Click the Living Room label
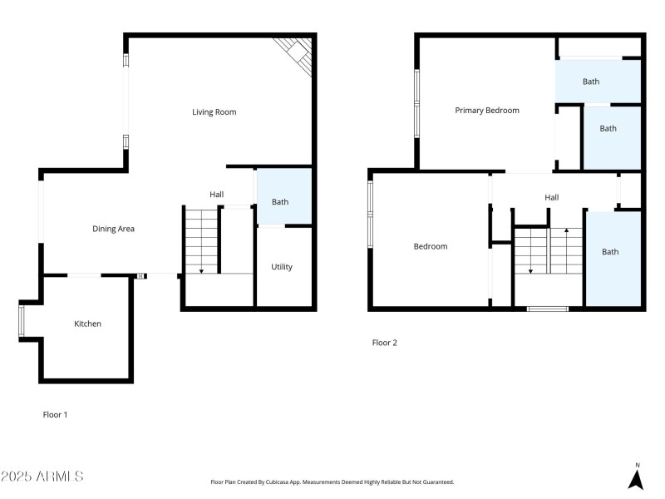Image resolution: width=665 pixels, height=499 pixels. pyautogui.click(x=214, y=111)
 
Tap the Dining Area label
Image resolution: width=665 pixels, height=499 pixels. pyautogui.click(x=113, y=229)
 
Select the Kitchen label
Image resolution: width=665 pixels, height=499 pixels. pyautogui.click(x=87, y=324)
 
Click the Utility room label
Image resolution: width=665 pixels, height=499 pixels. pyautogui.click(x=282, y=267)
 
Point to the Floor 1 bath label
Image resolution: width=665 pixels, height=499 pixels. pyautogui.click(x=280, y=201)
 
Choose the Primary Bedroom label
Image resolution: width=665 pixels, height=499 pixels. pyautogui.click(x=486, y=111)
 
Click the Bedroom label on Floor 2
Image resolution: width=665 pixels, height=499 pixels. pyautogui.click(x=431, y=246)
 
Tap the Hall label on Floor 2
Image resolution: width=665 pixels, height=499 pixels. pyautogui.click(x=551, y=198)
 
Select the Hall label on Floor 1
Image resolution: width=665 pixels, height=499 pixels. pyautogui.click(x=216, y=195)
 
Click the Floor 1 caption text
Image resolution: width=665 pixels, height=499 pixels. pyautogui.click(x=55, y=413)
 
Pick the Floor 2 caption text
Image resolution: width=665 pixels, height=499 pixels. pyautogui.click(x=384, y=342)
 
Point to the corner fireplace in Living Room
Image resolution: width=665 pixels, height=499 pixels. pyautogui.click(x=297, y=53)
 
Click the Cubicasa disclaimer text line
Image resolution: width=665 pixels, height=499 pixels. pyautogui.click(x=332, y=482)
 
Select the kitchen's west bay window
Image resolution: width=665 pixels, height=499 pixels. pyautogui.click(x=22, y=321)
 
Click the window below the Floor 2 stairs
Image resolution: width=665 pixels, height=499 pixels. pyautogui.click(x=548, y=309)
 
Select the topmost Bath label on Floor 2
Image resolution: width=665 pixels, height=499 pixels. pyautogui.click(x=590, y=82)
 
